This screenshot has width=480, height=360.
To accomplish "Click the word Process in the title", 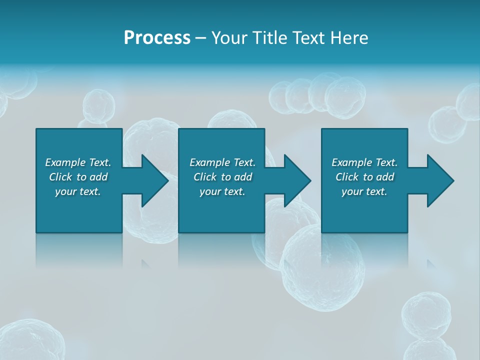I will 157,38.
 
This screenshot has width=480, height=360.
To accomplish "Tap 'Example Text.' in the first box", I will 78,162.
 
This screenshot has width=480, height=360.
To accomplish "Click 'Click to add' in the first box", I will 78,177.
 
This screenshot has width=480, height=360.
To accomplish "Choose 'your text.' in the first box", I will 78,191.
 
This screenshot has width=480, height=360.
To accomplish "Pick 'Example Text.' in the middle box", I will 222,162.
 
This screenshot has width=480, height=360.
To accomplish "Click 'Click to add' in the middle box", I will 222,177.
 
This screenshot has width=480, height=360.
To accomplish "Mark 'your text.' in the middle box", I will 222,191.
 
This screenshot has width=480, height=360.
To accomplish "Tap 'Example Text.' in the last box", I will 364,162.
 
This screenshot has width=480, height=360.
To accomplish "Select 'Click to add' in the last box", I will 364,177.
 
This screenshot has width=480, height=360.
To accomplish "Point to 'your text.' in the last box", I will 364,191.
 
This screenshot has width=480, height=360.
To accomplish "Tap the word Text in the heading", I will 307,38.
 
